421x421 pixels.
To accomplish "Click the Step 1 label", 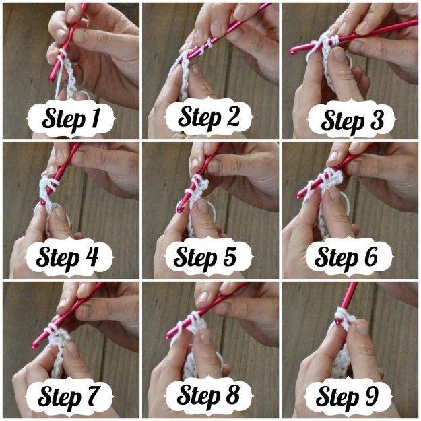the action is point(71,119).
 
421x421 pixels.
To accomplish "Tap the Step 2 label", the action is point(209,117).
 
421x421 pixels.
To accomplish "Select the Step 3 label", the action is point(352,120).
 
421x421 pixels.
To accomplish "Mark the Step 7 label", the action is point(69,397).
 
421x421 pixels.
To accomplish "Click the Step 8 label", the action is point(209,395).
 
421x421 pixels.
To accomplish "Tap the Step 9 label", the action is point(348,397).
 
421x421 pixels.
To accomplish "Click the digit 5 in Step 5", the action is point(229,256).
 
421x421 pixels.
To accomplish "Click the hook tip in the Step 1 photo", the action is point(51,79).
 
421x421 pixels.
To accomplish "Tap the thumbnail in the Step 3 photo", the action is point(337,55).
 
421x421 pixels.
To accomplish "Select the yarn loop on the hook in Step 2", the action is point(209,42).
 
